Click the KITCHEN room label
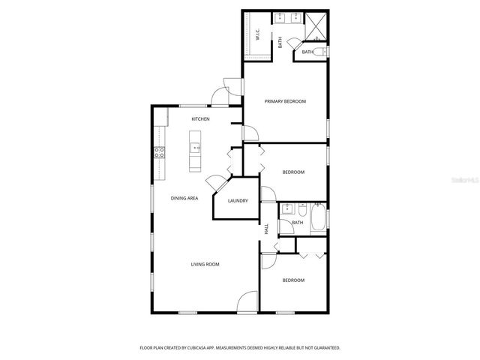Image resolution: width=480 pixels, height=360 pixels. click(199, 119)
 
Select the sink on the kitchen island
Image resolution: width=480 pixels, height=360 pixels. click(195, 148)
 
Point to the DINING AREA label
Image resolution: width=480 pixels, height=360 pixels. click(184, 198)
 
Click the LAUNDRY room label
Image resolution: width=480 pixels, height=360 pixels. click(238, 201)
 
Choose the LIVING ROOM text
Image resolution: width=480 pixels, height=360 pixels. click(203, 264)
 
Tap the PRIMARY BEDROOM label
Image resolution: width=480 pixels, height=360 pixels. click(285, 101)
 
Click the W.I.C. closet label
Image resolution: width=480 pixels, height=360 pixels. click(257, 34)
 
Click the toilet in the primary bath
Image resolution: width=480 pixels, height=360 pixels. click(319, 52)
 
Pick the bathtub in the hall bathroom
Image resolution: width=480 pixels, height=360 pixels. click(318, 218)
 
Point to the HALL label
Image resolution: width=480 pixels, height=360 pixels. click(266, 229)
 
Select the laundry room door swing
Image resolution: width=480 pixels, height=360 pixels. click(215, 183)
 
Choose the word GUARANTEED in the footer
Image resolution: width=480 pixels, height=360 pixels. click(324, 348)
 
